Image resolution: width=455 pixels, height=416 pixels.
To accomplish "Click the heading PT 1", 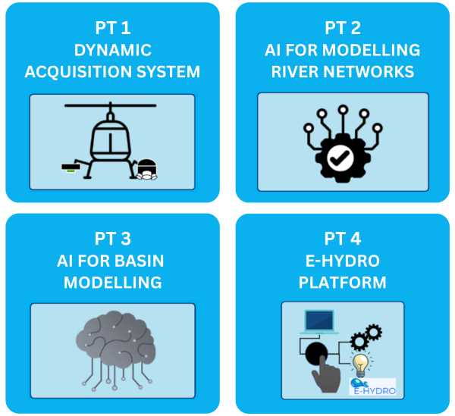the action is point(113,28).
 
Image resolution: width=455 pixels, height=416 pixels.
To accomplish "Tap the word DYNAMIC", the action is point(113,50).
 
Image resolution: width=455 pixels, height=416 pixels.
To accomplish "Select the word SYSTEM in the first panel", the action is point(168,72).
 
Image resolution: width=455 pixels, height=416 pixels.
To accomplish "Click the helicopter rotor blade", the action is point(110,105).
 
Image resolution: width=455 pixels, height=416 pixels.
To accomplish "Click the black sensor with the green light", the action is point(71,167).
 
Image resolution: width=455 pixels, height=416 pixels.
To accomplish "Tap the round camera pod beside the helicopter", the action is point(147,170).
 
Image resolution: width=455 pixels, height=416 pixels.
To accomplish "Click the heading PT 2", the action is point(343,28).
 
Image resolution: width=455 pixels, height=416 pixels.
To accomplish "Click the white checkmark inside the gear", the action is point(340,158).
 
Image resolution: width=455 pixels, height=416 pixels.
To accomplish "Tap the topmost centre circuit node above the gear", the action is point(343,110).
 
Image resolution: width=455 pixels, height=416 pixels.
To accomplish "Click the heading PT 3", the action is point(113,239).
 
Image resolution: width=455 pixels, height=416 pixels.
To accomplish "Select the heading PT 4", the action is point(343,239).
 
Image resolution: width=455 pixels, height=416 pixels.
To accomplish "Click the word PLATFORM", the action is point(343,283).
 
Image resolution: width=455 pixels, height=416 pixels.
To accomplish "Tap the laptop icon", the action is point(319,322).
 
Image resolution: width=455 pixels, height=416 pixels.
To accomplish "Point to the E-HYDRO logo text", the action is point(375,391).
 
